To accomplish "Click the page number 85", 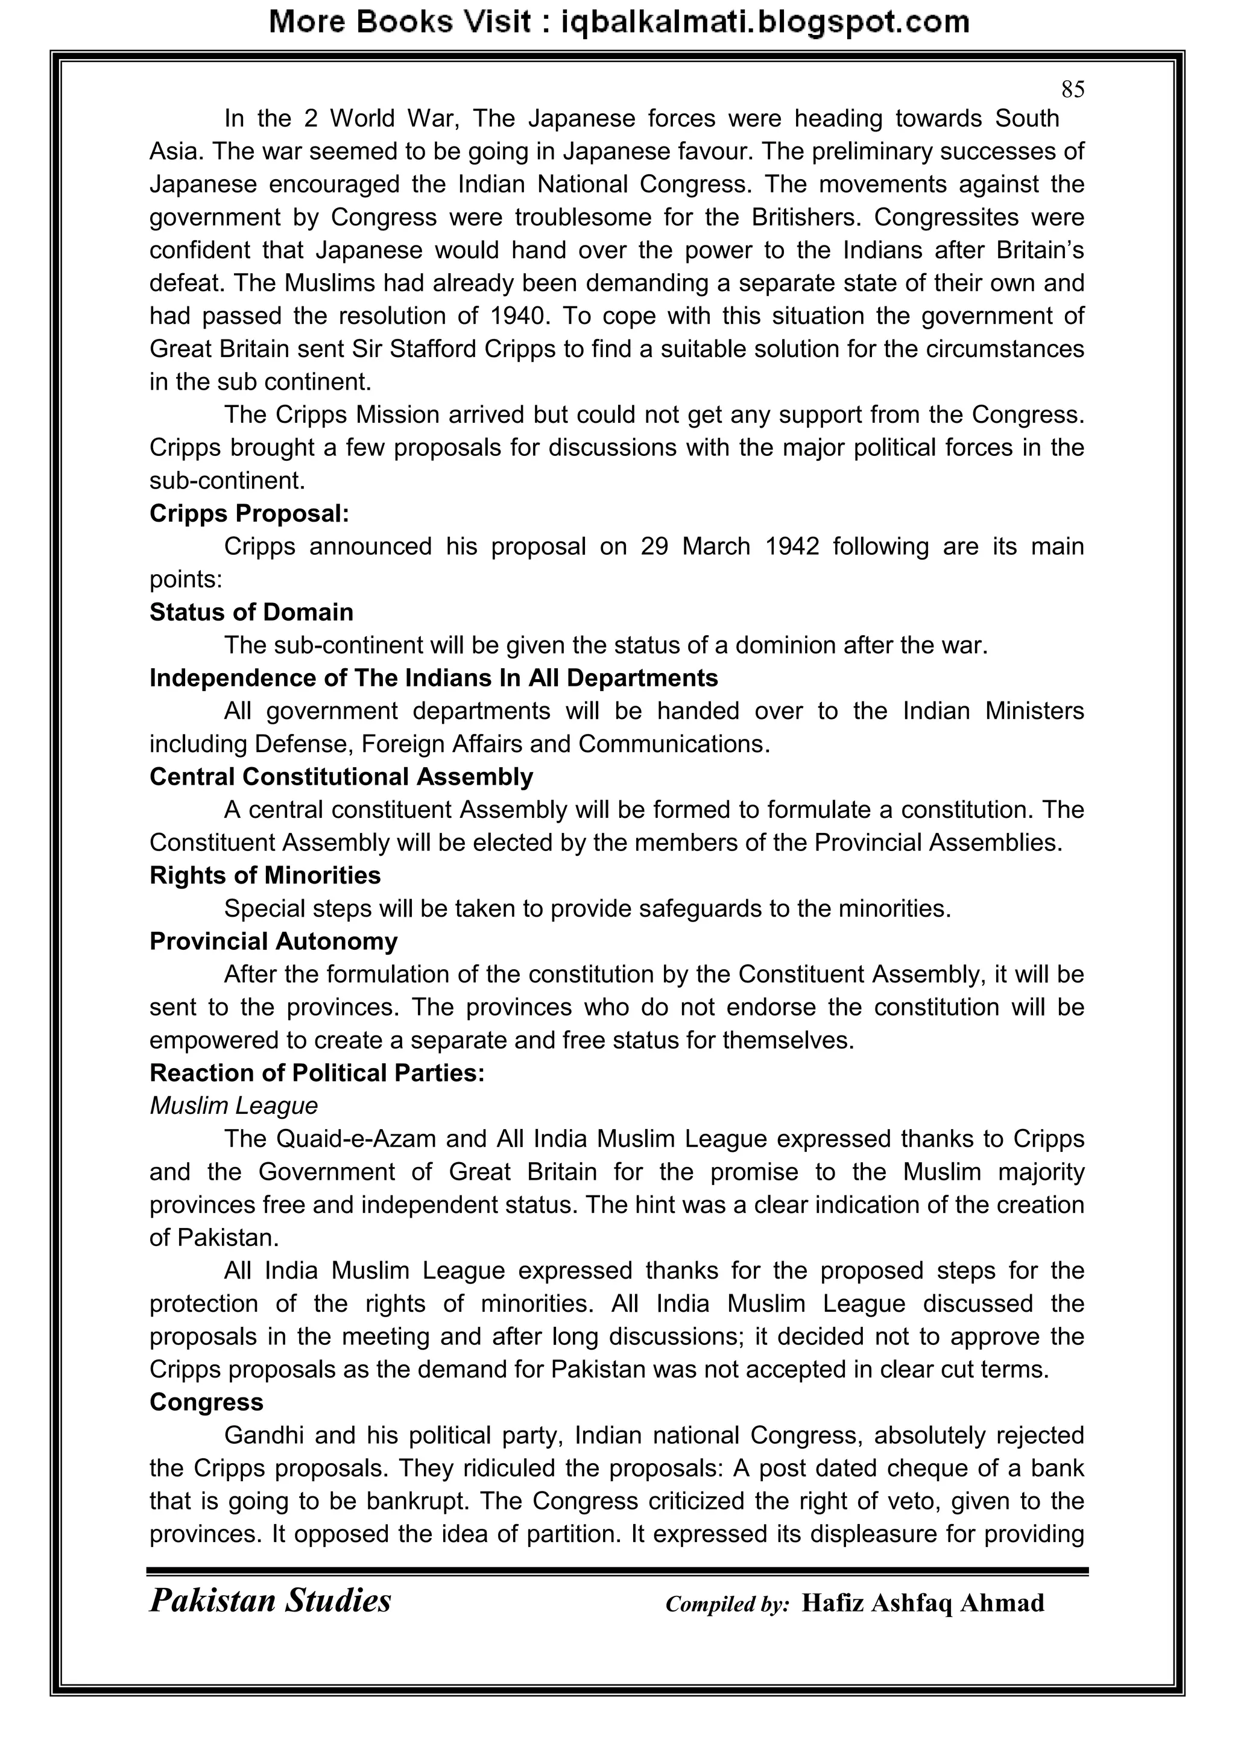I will [x=1072, y=90].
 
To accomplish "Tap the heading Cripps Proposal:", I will [x=248, y=513].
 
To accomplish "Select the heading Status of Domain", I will [x=251, y=612].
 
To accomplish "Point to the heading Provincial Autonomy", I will [x=273, y=941].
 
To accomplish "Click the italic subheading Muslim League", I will [x=233, y=1105].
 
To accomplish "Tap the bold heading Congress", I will [x=206, y=1402].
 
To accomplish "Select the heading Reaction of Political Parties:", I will [x=317, y=1073].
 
